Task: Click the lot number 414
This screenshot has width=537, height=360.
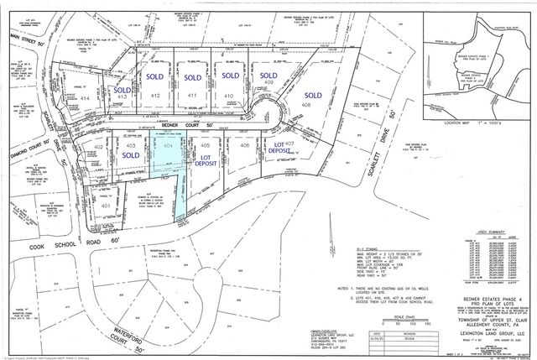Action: pyautogui.click(x=85, y=98)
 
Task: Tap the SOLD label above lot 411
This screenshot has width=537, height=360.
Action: pyautogui.click(x=193, y=76)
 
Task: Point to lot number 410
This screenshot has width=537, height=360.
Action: pyautogui.click(x=229, y=97)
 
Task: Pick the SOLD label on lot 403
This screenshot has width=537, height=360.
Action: pyautogui.click(x=131, y=155)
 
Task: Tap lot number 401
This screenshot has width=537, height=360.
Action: pyautogui.click(x=105, y=205)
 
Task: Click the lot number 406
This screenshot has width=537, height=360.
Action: pyautogui.click(x=244, y=145)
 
